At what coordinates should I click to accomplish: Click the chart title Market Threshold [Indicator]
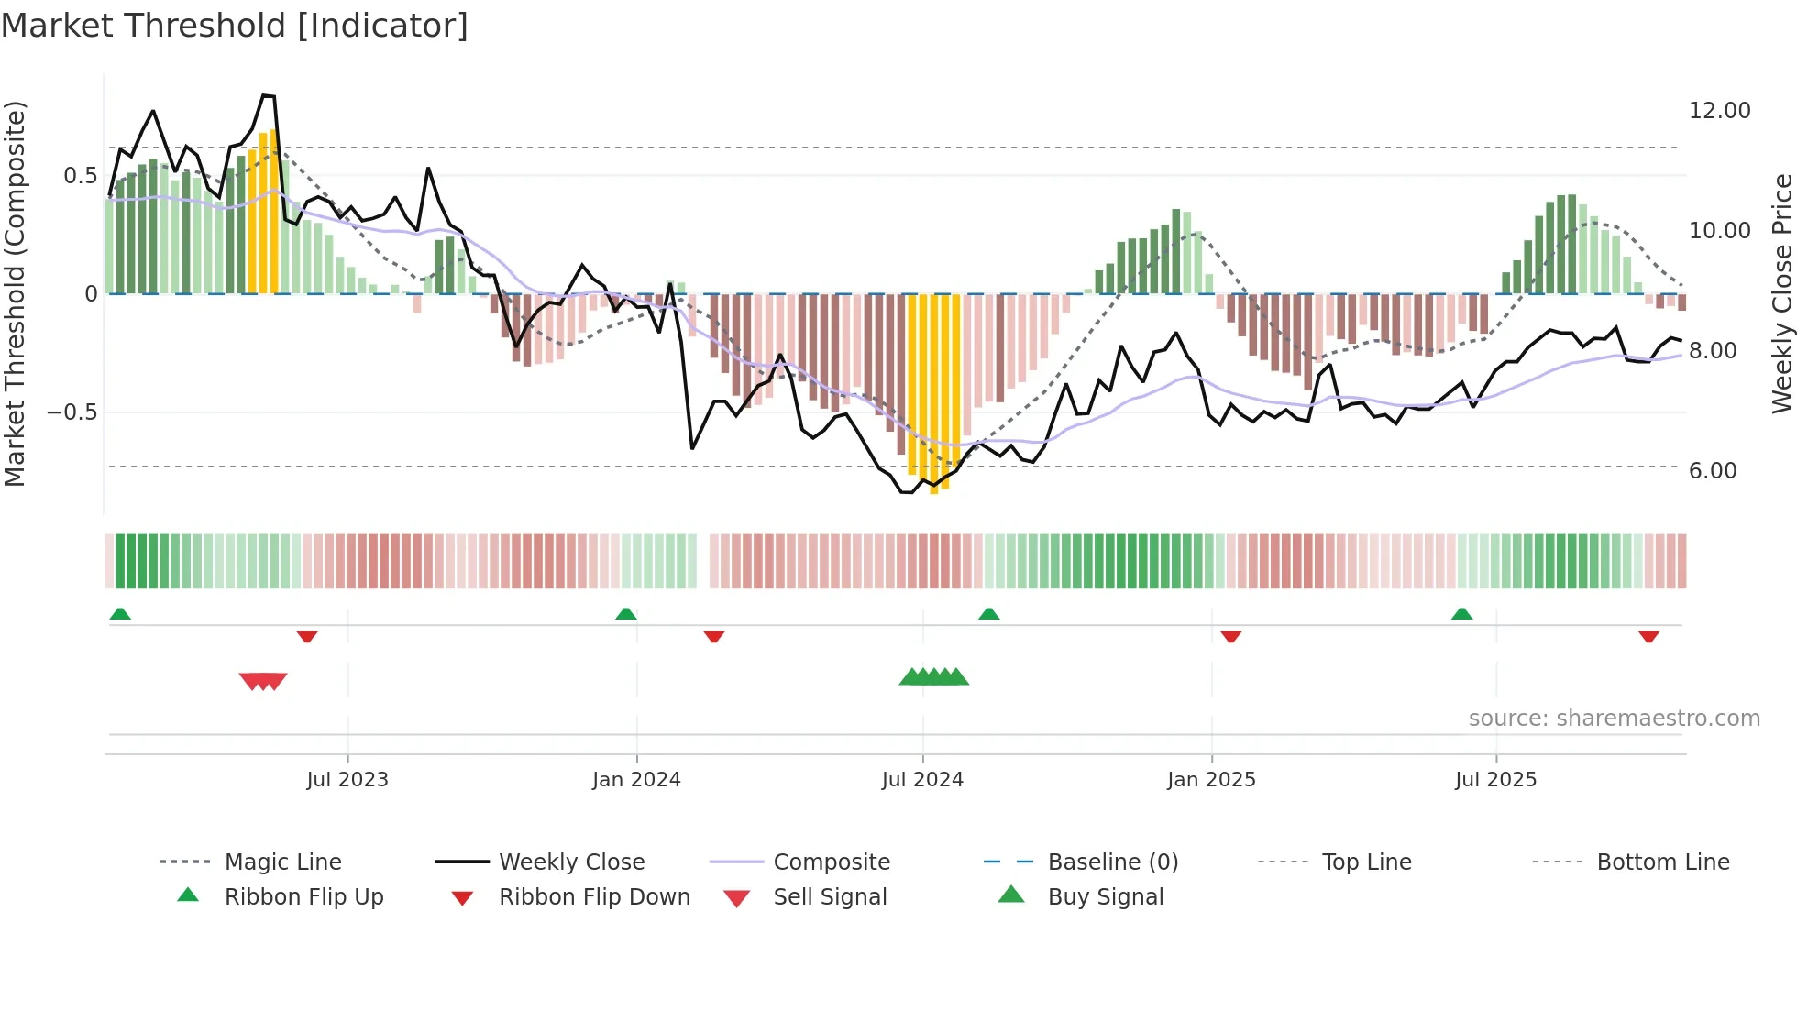[x=235, y=26]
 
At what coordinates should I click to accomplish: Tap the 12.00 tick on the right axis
[x=1719, y=111]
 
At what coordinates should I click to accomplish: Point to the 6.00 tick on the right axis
[x=1712, y=471]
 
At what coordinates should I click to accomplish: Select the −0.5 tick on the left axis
[x=72, y=412]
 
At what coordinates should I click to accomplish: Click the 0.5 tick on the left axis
[x=80, y=176]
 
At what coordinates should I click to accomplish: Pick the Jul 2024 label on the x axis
[x=922, y=780]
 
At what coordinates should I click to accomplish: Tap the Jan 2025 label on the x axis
[x=1211, y=780]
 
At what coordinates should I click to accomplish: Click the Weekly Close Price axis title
[x=1781, y=293]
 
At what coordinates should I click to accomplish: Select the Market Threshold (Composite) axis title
[x=15, y=293]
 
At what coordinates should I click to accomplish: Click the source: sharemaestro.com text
[x=1614, y=719]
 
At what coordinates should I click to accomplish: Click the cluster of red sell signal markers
[x=263, y=681]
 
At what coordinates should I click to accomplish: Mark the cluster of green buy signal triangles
[x=933, y=677]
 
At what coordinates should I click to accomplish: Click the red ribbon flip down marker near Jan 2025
[x=1230, y=636]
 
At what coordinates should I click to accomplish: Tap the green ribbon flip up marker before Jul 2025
[x=1461, y=614]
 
